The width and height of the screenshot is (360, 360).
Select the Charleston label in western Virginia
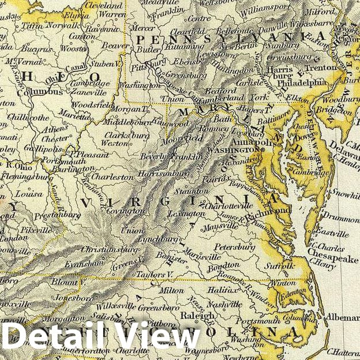[113, 177]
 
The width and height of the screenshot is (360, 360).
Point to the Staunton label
[192, 191]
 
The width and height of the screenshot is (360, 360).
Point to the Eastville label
[331, 234]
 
